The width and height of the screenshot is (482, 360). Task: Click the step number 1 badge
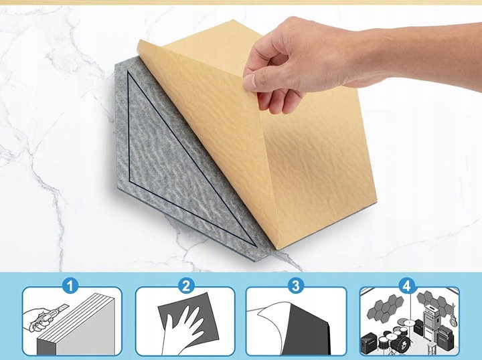(x=70, y=286)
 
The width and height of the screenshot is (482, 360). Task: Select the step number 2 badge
(x=186, y=286)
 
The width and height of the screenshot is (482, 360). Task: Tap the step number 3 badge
(x=295, y=286)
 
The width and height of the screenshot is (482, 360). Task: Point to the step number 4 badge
(x=407, y=286)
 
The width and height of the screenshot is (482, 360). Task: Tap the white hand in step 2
(x=182, y=330)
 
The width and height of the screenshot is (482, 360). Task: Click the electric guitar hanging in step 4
(x=453, y=317)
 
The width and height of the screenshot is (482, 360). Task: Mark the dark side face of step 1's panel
(x=46, y=347)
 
